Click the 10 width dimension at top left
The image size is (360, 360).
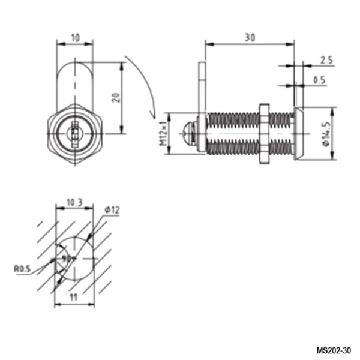(75, 37)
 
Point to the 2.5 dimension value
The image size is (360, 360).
(326, 61)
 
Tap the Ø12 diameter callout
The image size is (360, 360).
(112, 209)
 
